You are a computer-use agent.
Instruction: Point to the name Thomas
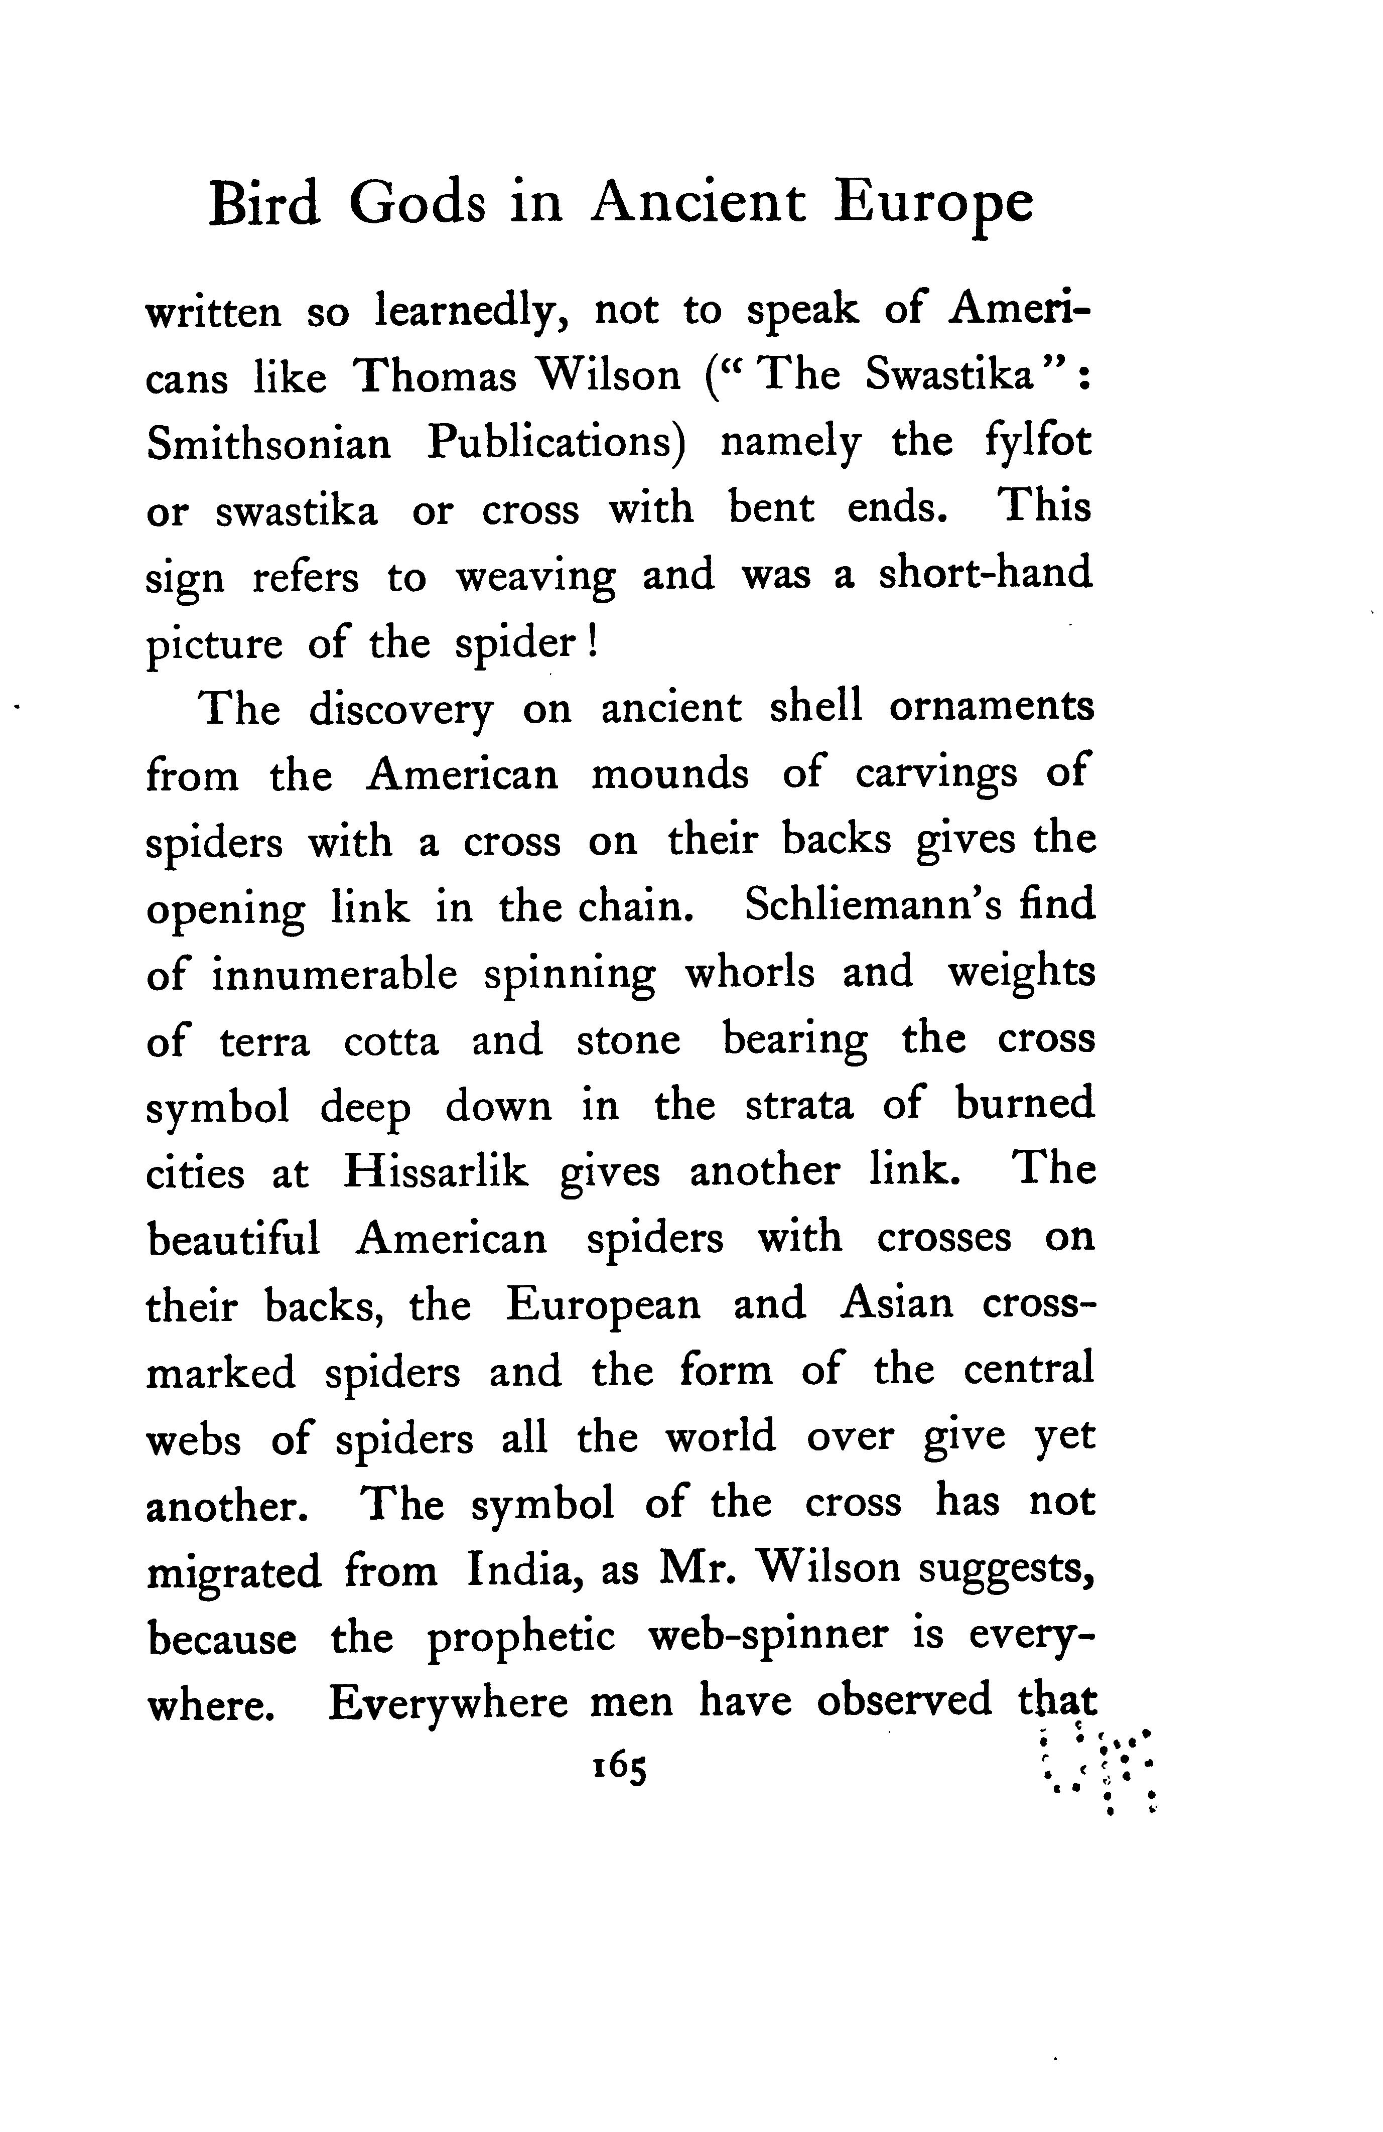click(x=435, y=376)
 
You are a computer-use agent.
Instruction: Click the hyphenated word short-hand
click(x=985, y=574)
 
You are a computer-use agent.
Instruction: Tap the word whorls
click(x=750, y=972)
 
